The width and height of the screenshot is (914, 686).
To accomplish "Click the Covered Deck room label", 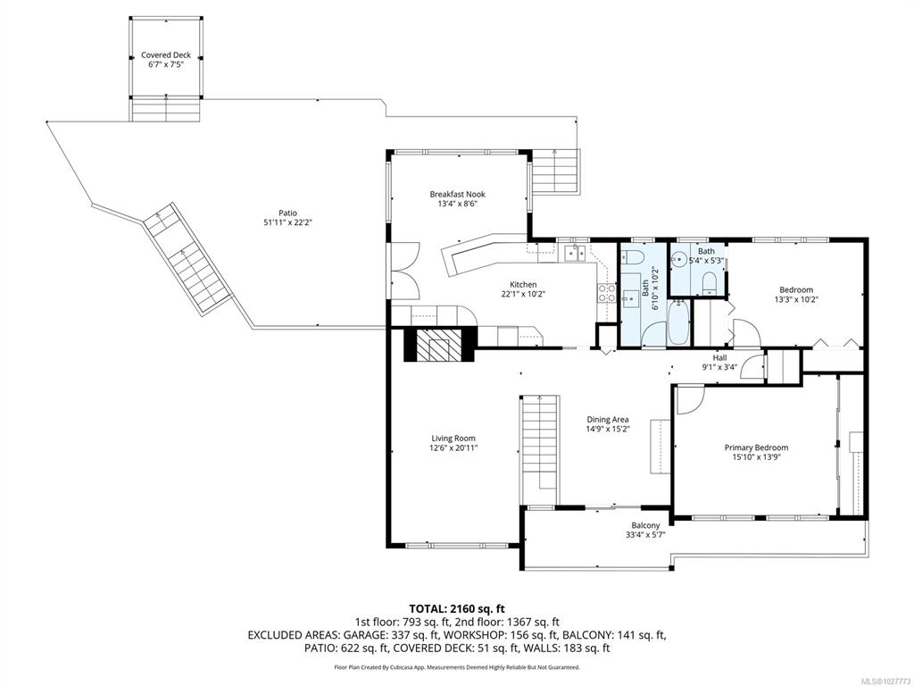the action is point(166,55).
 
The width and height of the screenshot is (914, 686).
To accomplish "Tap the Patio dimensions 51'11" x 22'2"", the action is point(288,222).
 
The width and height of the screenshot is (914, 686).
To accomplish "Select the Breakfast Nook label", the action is point(458,194).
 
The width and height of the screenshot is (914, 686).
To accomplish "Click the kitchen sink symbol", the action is point(575,253).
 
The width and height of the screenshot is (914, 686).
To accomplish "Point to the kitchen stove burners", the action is point(607,292).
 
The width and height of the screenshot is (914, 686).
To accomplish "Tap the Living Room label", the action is point(453,438).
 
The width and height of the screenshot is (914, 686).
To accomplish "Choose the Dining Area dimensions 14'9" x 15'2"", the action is point(607,429).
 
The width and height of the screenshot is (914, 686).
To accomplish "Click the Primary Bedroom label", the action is point(756,448).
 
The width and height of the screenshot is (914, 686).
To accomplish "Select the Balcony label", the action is point(646,525).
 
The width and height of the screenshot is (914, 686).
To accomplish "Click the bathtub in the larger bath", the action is point(678,322).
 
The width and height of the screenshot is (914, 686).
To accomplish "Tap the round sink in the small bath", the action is point(679,261).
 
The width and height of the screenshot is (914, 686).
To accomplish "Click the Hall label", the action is point(720,357).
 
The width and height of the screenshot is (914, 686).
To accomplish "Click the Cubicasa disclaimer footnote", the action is point(456,666).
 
